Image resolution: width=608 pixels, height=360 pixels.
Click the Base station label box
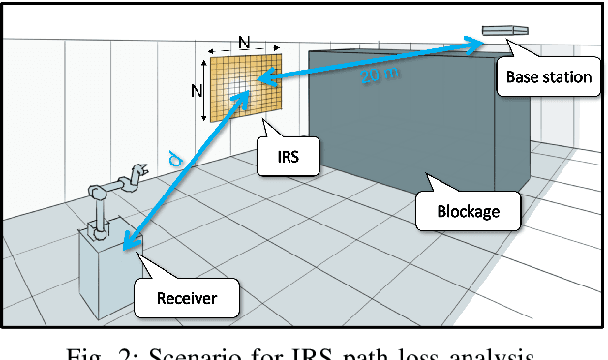(x=548, y=76)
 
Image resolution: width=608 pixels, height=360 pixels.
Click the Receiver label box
(x=187, y=297)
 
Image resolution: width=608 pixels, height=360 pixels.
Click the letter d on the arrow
(x=174, y=156)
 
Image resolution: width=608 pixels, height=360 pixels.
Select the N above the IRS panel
(x=245, y=42)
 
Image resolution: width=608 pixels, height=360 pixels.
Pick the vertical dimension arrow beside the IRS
(x=203, y=90)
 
